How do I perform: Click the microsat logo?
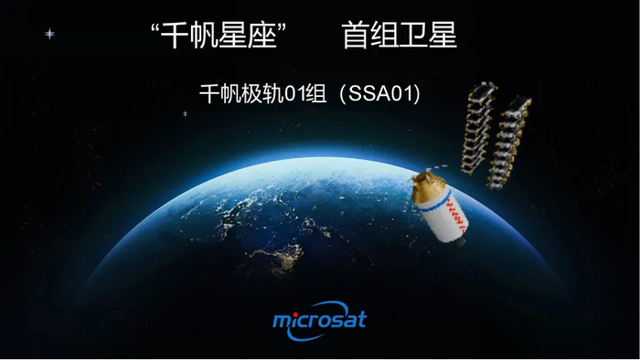[x=319, y=320]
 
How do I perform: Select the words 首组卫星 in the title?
[x=399, y=36]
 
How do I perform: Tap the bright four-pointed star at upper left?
[x=49, y=34]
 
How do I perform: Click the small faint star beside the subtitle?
[x=185, y=113]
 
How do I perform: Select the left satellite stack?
[x=475, y=127]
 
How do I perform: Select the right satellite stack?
[x=510, y=138]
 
